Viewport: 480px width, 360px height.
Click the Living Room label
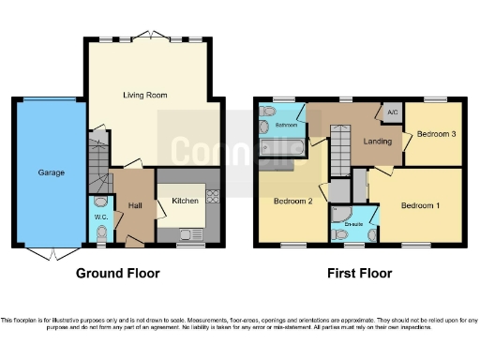coord(143,95)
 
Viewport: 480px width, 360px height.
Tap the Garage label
coord(50,172)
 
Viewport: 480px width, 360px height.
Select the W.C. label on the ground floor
coord(102,217)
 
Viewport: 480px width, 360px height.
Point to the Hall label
coord(135,205)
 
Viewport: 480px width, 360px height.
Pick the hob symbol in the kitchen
coord(212,197)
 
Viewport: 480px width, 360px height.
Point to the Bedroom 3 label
coord(436,134)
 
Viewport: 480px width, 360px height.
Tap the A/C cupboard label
coord(392,113)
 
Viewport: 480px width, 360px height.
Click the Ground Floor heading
coord(118,274)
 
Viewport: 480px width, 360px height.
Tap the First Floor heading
coord(359,274)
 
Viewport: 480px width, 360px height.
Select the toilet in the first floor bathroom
coord(266,125)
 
